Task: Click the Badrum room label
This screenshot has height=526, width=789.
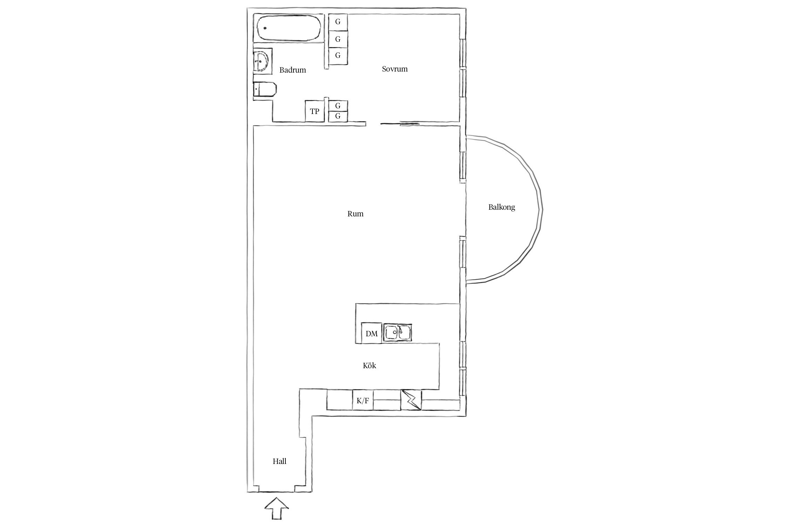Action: (x=292, y=70)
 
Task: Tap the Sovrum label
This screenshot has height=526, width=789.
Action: (x=395, y=69)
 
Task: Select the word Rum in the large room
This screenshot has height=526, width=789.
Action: (x=355, y=214)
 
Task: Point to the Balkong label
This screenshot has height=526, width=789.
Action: (x=501, y=207)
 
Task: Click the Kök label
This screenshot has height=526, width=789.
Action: (x=369, y=366)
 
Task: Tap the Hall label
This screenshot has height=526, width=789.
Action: (x=279, y=461)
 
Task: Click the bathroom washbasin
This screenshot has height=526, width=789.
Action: (x=262, y=61)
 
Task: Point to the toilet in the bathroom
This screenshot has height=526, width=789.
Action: (x=265, y=89)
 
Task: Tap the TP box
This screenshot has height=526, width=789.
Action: (x=315, y=112)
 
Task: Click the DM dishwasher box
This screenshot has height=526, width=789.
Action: (x=372, y=333)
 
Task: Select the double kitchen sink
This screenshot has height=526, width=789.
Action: (x=398, y=332)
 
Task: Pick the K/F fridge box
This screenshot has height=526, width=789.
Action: (x=363, y=401)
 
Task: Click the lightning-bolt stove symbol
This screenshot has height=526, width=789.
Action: (x=412, y=400)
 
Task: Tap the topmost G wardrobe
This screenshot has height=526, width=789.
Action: (x=338, y=22)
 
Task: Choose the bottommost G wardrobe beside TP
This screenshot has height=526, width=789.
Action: (x=338, y=116)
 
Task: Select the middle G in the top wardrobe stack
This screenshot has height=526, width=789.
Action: (x=338, y=39)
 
